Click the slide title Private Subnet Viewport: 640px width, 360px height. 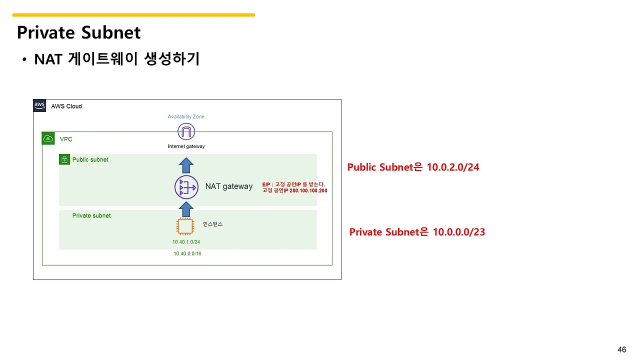(79, 33)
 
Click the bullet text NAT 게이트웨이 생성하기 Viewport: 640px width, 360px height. (117, 59)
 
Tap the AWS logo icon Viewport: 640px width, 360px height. (39, 105)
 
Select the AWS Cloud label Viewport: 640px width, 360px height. (66, 106)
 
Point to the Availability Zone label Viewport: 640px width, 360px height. (186, 116)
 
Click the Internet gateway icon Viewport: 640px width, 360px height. (186, 132)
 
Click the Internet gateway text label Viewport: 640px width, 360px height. (186, 146)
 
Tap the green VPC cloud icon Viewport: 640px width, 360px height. (48, 138)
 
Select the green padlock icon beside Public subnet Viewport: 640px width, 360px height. (64, 159)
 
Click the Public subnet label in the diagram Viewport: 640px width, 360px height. (90, 159)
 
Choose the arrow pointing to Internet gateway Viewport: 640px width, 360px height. (186, 165)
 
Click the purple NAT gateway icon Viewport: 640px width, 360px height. (186, 187)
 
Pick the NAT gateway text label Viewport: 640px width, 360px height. (229, 186)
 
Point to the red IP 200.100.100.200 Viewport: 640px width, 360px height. (308, 190)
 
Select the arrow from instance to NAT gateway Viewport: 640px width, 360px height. (186, 209)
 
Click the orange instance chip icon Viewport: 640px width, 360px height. (185, 226)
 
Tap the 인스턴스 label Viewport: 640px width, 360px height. (212, 224)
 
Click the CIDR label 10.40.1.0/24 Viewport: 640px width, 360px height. (186, 242)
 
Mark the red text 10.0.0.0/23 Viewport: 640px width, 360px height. (458, 232)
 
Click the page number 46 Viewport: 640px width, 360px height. (622, 349)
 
